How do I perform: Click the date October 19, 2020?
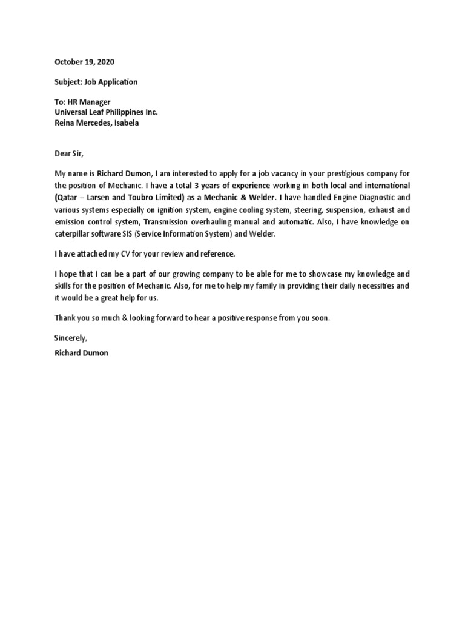pos(84,62)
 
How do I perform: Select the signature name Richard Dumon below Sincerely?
pos(81,352)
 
